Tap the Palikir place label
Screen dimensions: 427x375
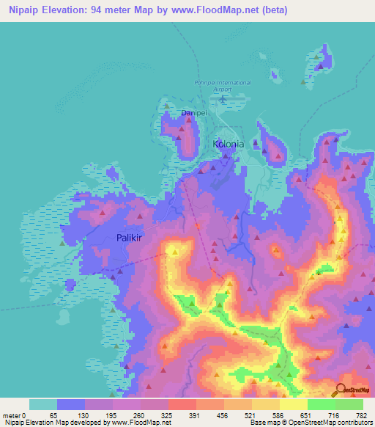[x=133, y=237]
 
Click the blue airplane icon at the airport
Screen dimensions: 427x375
[x=223, y=98]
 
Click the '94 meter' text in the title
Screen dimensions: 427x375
[x=114, y=10]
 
